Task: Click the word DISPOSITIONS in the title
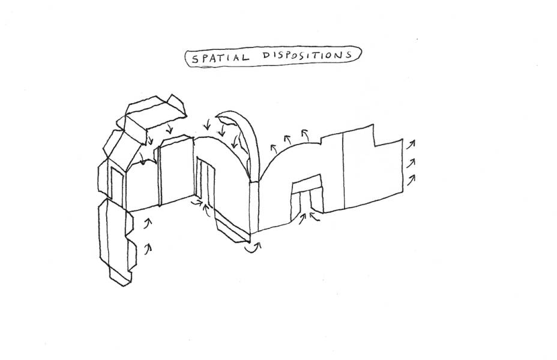(x=306, y=56)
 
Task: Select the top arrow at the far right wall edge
(x=411, y=144)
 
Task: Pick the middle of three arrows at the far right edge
(x=411, y=161)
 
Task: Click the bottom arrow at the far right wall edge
(x=411, y=179)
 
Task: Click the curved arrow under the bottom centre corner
(x=255, y=247)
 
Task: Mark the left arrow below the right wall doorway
(x=300, y=218)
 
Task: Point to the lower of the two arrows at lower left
(x=148, y=246)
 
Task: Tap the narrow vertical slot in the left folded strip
(x=112, y=186)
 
